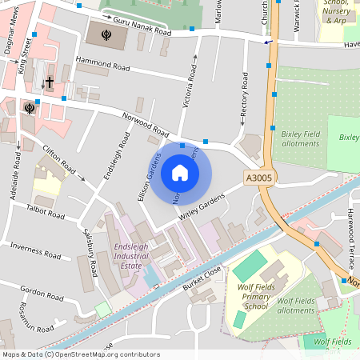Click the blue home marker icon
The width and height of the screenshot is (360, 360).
tap(180, 172)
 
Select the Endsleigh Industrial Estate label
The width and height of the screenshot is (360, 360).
tap(130, 255)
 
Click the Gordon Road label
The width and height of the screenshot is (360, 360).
tap(42, 289)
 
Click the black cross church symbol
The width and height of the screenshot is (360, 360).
tap(49, 82)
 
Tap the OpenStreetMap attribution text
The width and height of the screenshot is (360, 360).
tap(81, 354)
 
